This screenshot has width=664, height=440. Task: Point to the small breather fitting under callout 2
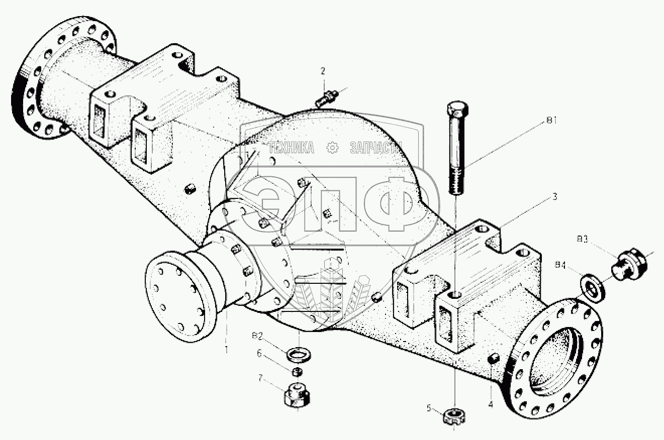click(x=327, y=96)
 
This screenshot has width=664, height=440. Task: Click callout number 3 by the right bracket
click(x=554, y=196)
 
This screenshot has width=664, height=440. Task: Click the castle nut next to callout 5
click(x=455, y=416)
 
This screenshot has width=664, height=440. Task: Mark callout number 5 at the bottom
click(x=429, y=408)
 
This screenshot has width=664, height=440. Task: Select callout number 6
click(x=260, y=354)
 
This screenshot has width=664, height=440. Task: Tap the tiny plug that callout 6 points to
click(x=297, y=371)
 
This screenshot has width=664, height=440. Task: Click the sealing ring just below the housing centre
click(x=300, y=355)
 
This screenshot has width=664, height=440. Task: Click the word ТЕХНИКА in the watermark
click(x=292, y=148)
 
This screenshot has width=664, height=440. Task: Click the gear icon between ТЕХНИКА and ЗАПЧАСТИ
click(x=332, y=148)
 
